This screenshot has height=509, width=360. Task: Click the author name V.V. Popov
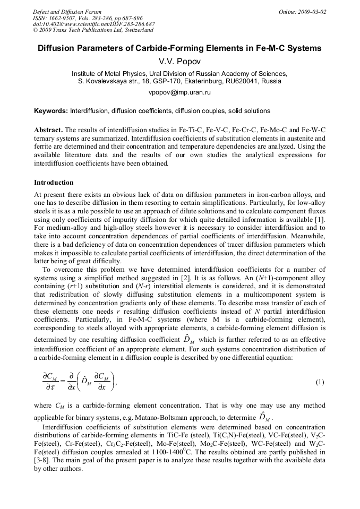[x=179, y=62]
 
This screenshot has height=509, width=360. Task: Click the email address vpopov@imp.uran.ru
[x=179, y=92]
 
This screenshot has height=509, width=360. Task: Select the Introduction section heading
[x=54, y=183]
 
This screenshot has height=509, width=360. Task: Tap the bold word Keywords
[x=50, y=111]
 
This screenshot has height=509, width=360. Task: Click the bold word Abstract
[x=48, y=130]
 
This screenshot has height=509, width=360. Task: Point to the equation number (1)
[x=320, y=382]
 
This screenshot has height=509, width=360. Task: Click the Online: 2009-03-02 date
[x=303, y=12]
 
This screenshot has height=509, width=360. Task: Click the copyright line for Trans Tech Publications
[x=93, y=31]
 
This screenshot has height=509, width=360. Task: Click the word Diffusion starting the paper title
[x=58, y=48]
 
